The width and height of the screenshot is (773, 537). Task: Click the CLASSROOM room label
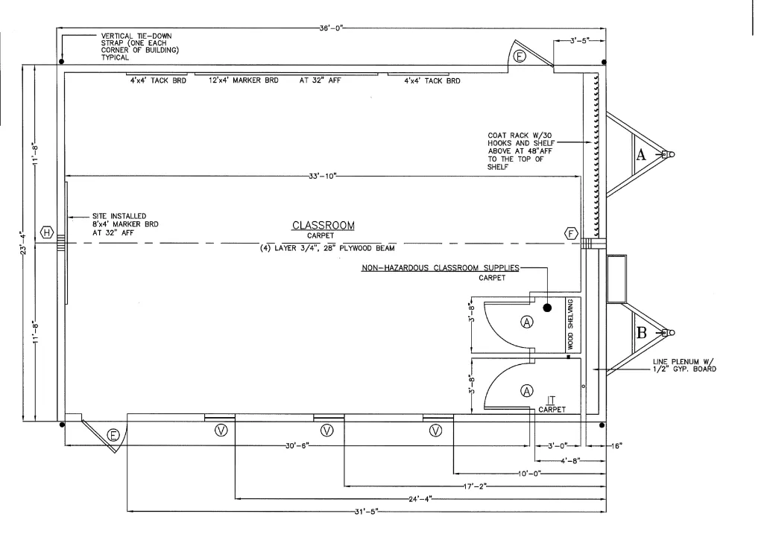[324, 225]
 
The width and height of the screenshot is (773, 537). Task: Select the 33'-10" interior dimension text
[323, 176]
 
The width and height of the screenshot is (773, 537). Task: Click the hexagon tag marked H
[47, 232]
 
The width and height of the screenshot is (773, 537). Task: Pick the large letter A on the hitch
[640, 155]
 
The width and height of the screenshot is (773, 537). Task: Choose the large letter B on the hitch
[641, 332]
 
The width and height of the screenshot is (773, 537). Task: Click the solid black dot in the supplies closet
[547, 308]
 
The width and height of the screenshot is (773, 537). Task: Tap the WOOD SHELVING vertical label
[570, 324]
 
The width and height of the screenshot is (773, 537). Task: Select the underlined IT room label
[551, 400]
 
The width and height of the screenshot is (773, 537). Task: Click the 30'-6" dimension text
[297, 446]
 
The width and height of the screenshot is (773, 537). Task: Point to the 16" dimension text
[616, 446]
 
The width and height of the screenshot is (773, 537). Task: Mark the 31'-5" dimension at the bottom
[365, 512]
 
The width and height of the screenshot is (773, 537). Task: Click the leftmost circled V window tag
[221, 430]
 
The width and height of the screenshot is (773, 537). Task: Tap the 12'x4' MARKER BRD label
[244, 80]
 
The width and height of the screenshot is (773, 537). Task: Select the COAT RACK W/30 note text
[519, 135]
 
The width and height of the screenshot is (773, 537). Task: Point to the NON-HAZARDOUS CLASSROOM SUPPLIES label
[441, 267]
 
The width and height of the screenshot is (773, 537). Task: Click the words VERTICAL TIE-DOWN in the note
[136, 36]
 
